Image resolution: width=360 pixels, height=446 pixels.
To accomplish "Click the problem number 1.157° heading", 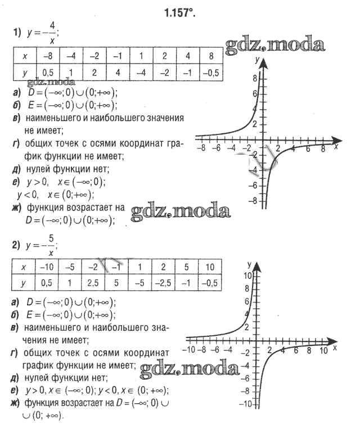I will [x=180, y=12].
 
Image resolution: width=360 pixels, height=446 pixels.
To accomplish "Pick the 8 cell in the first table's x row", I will [x=210, y=56].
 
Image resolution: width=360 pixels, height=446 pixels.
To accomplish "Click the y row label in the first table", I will [x=24, y=72].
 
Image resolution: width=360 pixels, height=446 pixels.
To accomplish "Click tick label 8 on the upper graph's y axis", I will [x=254, y=78].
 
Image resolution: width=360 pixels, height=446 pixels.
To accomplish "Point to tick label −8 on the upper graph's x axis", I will [x=201, y=148].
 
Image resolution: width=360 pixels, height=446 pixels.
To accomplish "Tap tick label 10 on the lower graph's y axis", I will [x=247, y=276].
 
